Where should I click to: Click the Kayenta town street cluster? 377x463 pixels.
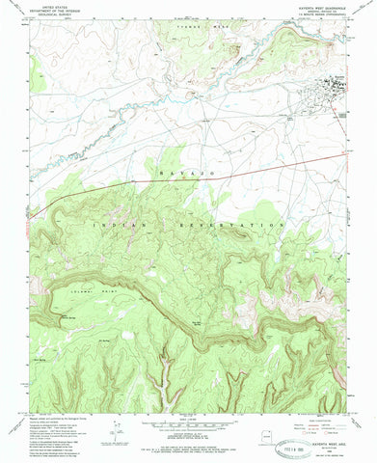[334, 84]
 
